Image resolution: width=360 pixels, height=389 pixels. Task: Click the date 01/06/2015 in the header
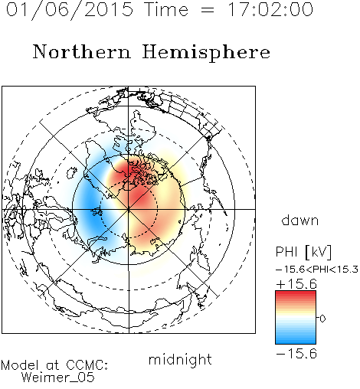point(70,10)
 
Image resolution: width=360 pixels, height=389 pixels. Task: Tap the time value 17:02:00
point(270,9)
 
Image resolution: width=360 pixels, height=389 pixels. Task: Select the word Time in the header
point(166,9)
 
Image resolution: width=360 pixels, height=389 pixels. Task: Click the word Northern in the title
point(82,51)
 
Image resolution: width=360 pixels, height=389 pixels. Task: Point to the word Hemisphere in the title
point(206,53)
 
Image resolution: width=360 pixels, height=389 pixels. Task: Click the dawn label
point(300,220)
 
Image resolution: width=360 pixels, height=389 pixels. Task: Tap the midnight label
point(180,359)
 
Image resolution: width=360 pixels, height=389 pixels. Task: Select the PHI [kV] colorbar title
point(303,252)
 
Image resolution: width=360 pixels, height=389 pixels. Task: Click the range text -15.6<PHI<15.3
point(317,270)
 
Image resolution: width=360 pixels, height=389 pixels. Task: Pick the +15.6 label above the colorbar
point(296,284)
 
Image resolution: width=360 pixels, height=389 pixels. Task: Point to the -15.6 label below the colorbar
point(296,354)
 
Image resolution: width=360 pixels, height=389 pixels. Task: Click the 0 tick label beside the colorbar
point(322,319)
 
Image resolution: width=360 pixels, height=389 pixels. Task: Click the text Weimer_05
point(58,378)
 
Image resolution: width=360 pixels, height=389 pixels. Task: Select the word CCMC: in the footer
point(87,365)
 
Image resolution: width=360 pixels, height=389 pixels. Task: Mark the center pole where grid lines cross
point(129,209)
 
